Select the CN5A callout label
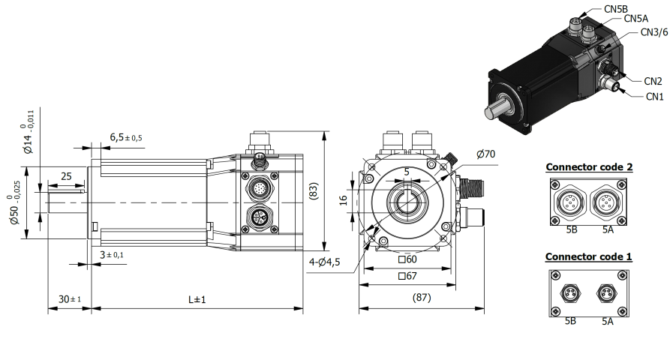[635, 19]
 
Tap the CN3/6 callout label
[653, 33]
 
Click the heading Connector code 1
[588, 256]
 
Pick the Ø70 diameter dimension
[486, 155]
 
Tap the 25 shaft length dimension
[65, 175]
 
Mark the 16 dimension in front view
[343, 199]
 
